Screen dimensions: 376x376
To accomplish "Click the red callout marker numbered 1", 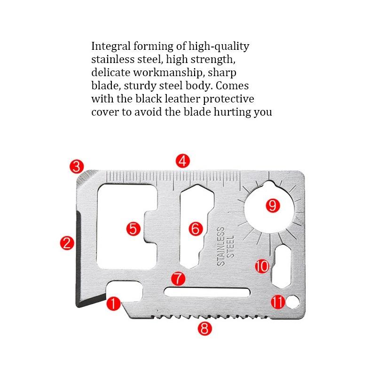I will [113, 303].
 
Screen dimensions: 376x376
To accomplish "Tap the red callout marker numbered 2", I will [67, 243].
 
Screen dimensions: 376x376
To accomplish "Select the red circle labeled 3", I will [77, 166].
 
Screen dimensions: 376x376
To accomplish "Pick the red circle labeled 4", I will [183, 161].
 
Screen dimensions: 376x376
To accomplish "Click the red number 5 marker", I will [134, 229].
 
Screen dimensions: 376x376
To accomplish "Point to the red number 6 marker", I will [196, 229].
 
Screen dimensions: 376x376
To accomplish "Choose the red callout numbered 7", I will [178, 278].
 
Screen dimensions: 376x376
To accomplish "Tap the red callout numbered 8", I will [204, 329].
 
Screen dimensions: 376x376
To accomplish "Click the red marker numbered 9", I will [273, 205].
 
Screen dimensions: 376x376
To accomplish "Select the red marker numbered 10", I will [262, 266].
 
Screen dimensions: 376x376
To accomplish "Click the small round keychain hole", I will [293, 301].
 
